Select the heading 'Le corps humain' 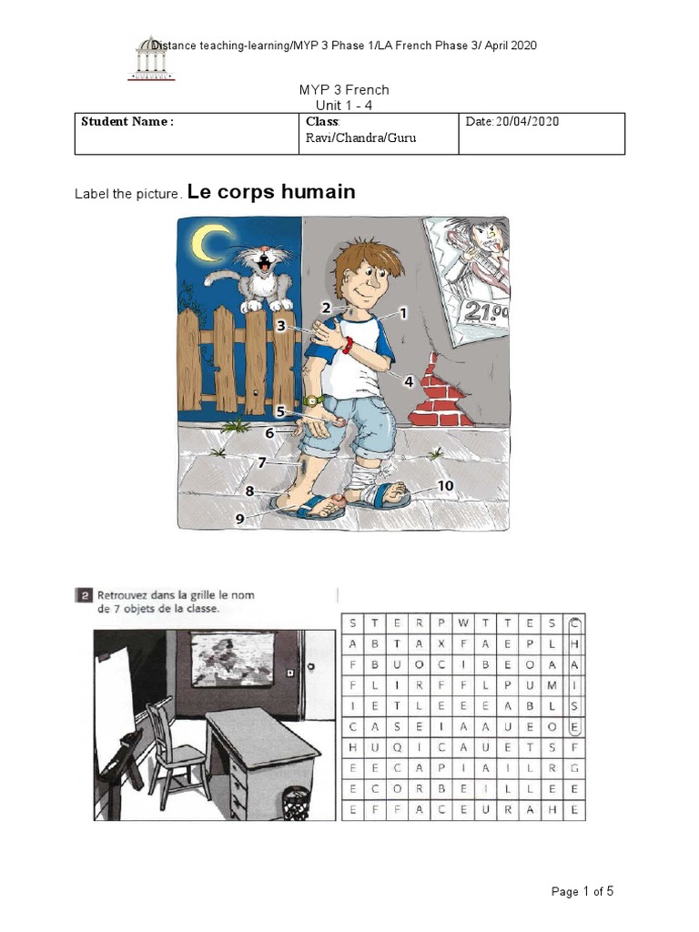pyautogui.click(x=270, y=192)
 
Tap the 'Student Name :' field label pyautogui.click(x=127, y=122)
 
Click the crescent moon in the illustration pyautogui.click(x=212, y=242)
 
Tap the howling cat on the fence pyautogui.click(x=258, y=274)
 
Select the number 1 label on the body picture pyautogui.click(x=403, y=312)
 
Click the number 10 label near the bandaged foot pyautogui.click(x=445, y=486)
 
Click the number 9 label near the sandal pyautogui.click(x=241, y=518)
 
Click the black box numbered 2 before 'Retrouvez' pyautogui.click(x=83, y=596)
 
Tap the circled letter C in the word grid pyautogui.click(x=574, y=623)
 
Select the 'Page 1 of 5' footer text pyautogui.click(x=582, y=891)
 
